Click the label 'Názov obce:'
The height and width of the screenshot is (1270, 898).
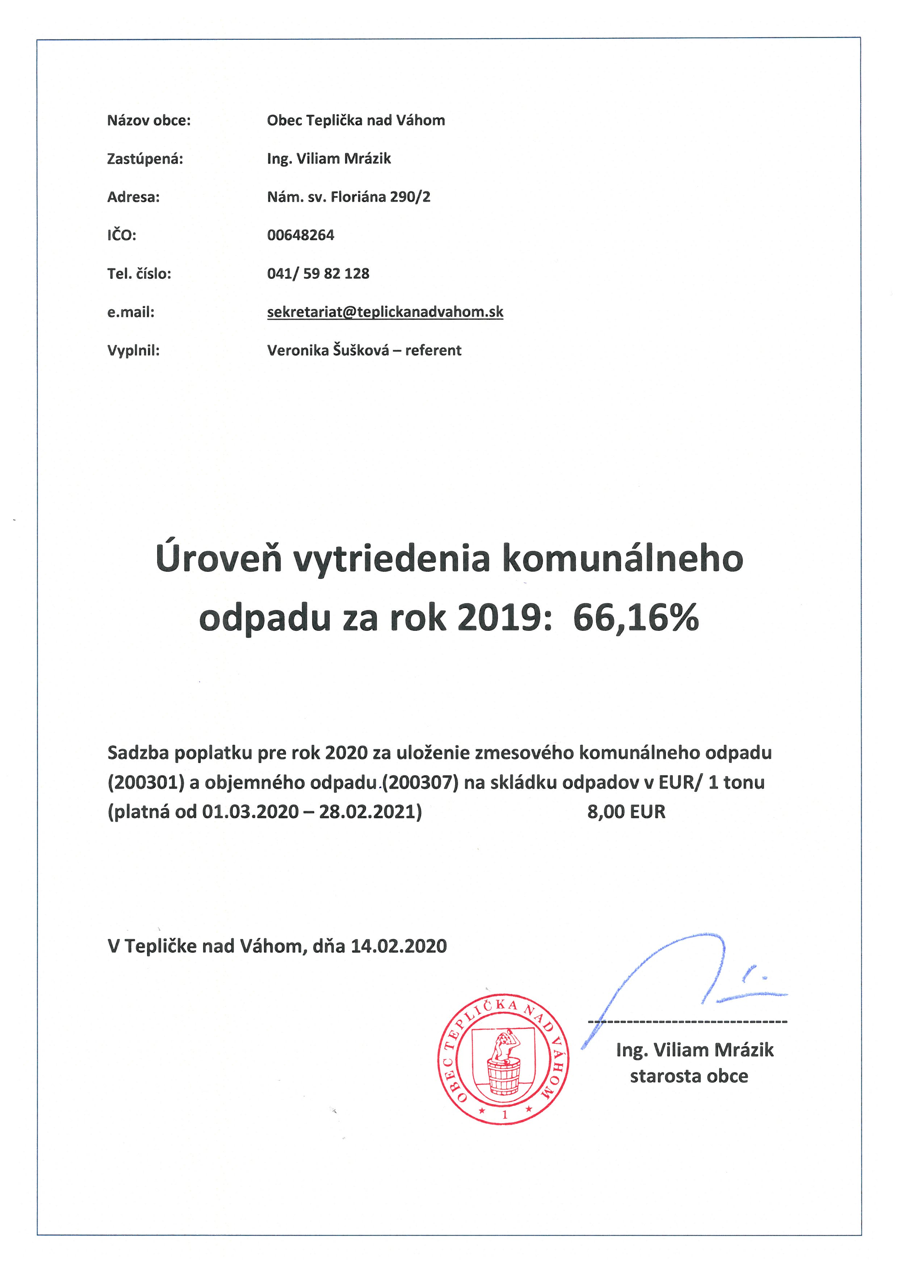(149, 121)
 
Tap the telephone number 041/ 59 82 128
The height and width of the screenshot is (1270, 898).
(318, 273)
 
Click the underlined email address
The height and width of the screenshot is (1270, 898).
(385, 312)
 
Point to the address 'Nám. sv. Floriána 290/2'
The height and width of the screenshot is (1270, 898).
(348, 197)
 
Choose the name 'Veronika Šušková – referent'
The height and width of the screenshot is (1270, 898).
(364, 350)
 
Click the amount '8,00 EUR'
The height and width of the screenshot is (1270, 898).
(626, 812)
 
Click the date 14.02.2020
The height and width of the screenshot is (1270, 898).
(398, 946)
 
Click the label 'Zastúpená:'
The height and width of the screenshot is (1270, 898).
(145, 159)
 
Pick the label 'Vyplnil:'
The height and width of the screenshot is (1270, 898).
(133, 350)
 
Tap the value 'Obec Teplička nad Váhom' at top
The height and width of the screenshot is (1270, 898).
(356, 121)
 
